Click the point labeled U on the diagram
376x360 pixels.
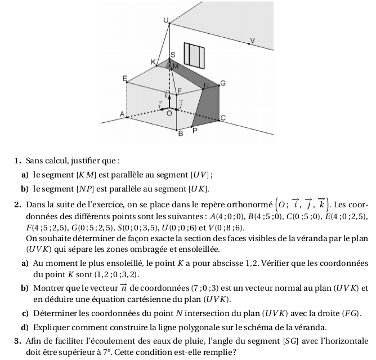pos(165,20)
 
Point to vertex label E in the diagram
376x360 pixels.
pos(125,77)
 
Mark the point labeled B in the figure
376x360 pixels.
pos(181,134)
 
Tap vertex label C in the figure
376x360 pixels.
pos(223,118)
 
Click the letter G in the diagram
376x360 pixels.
pos(222,83)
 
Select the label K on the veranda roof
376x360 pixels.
pos(153,61)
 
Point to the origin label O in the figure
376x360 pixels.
pos(168,113)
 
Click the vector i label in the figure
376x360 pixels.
pos(160,104)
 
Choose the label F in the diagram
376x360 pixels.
pos(180,91)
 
